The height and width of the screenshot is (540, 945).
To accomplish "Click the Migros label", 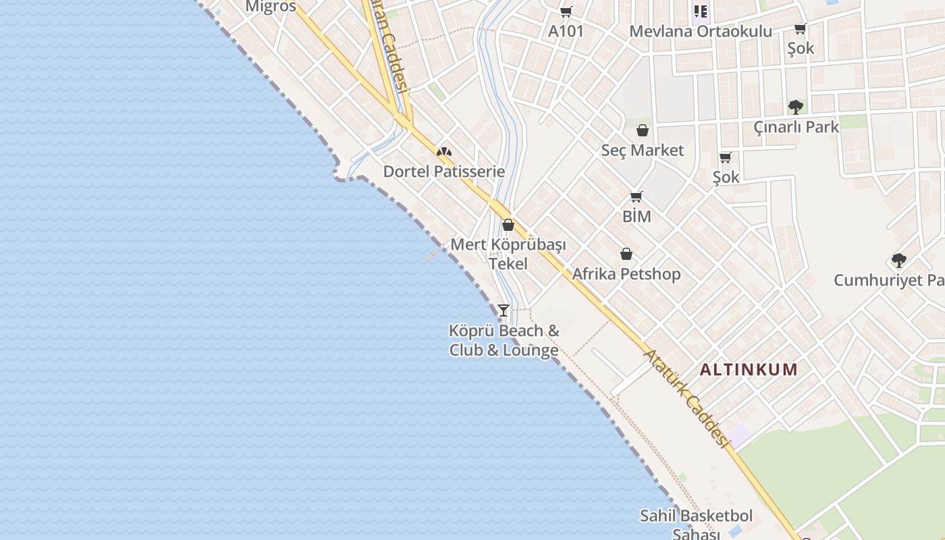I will pyautogui.click(x=271, y=7).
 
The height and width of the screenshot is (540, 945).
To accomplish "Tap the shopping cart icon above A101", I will pyautogui.click(x=566, y=11).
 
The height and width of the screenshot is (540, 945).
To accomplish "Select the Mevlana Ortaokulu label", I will pyautogui.click(x=701, y=31).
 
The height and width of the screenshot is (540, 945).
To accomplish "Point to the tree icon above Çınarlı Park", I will pyautogui.click(x=796, y=107).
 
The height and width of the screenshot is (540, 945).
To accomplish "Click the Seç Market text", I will pyautogui.click(x=643, y=150).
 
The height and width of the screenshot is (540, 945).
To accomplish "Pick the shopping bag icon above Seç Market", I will pyautogui.click(x=643, y=130).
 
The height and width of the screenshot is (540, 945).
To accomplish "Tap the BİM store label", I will pyautogui.click(x=637, y=216).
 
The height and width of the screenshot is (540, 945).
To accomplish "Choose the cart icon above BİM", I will pyautogui.click(x=636, y=197).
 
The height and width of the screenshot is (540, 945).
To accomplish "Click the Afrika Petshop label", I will pyautogui.click(x=626, y=274).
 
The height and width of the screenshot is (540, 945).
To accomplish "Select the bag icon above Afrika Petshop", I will pyautogui.click(x=626, y=254).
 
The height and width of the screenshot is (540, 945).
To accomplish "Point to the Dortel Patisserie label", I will pyautogui.click(x=444, y=171).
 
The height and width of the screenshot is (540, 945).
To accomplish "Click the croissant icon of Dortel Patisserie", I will pyautogui.click(x=444, y=152).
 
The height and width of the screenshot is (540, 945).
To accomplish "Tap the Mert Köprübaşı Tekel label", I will pyautogui.click(x=508, y=254).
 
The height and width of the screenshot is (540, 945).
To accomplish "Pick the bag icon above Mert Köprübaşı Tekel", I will pyautogui.click(x=508, y=225).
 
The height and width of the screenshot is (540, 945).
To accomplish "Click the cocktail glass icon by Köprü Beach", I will pyautogui.click(x=503, y=310).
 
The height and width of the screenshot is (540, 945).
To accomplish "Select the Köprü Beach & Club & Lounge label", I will pyautogui.click(x=504, y=340).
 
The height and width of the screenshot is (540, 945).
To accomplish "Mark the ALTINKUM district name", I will pyautogui.click(x=749, y=370).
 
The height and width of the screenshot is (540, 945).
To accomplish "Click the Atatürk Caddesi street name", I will pyautogui.click(x=686, y=398).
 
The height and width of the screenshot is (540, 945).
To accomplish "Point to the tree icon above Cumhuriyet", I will pyautogui.click(x=898, y=261).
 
